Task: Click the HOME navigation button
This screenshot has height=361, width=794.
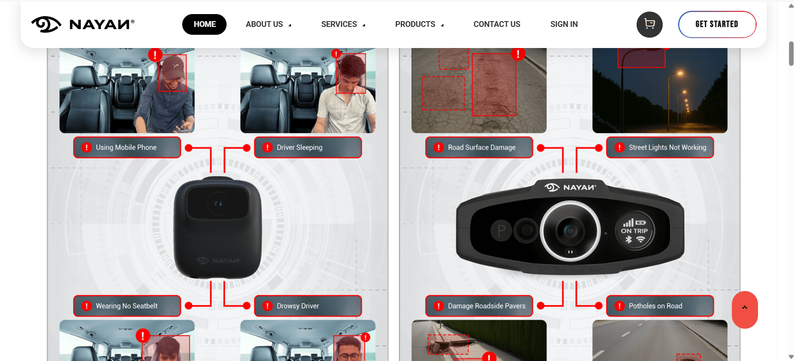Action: coord(204,24)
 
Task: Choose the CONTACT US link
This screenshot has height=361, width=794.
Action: coord(497,24)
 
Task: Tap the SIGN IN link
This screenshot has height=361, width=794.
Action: coord(564,24)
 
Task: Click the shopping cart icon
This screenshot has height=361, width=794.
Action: coord(649,24)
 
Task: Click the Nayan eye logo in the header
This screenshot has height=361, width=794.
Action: coord(46,24)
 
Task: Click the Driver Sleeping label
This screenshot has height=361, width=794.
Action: coord(308,147)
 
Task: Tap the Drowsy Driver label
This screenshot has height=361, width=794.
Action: coord(308,306)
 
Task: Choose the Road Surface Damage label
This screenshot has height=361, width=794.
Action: coord(479,147)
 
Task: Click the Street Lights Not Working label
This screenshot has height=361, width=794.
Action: coord(660,147)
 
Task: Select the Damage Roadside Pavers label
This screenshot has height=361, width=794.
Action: coord(479,306)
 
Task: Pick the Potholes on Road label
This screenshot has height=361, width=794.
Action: coord(660,306)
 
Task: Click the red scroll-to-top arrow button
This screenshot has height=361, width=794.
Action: coord(745,310)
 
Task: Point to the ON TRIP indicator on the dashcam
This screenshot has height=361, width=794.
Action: coord(634,231)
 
